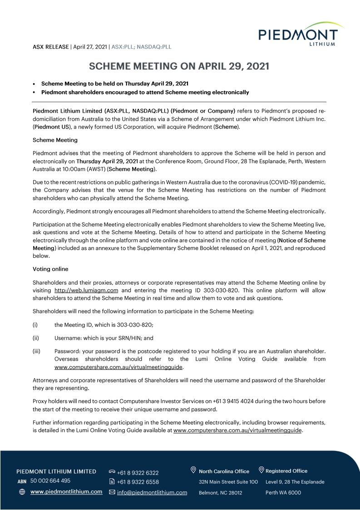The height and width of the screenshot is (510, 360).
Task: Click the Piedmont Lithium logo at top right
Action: (298, 35)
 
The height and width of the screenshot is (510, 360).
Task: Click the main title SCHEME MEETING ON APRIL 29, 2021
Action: (179, 66)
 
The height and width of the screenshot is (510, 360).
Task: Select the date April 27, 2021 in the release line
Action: (90, 47)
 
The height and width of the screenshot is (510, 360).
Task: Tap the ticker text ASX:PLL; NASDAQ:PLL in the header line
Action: (142, 47)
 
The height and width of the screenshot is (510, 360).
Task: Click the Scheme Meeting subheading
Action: (55, 140)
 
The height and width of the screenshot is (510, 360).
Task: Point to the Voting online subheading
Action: (50, 269)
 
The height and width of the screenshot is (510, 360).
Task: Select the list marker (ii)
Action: (35, 338)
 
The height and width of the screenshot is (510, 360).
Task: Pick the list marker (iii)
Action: (36, 351)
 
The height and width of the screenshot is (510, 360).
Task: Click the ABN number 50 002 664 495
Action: (50, 481)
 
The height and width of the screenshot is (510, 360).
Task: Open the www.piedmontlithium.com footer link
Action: (66, 492)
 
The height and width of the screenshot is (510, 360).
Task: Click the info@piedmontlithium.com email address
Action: (152, 492)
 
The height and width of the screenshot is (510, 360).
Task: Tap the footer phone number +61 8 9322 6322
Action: (138, 473)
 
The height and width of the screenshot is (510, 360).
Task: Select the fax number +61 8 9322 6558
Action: (138, 482)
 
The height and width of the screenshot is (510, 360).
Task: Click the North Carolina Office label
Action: (224, 471)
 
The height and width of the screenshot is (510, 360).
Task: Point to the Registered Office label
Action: (286, 471)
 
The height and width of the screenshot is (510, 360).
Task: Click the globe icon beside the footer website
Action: (22, 492)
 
